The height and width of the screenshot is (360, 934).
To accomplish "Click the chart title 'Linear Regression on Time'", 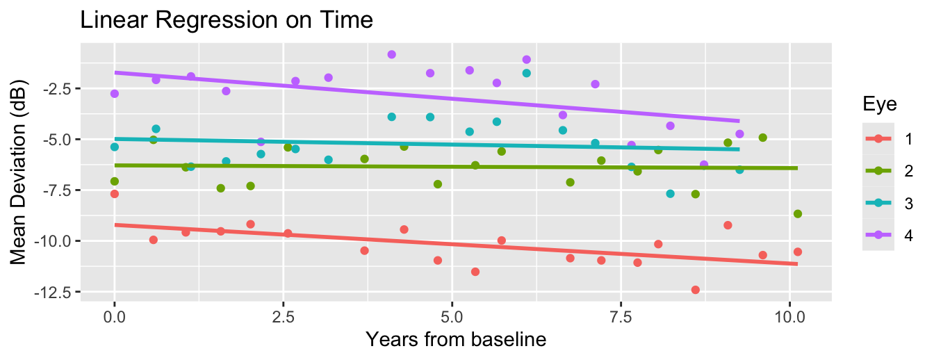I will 227,20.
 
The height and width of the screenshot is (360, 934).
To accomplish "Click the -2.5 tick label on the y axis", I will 58,89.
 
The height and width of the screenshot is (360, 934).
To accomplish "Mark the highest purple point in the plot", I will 391,54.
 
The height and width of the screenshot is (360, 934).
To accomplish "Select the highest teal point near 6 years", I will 526,73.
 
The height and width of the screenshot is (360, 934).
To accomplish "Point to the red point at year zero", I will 115,194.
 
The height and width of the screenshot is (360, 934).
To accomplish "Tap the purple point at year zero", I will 115,94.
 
